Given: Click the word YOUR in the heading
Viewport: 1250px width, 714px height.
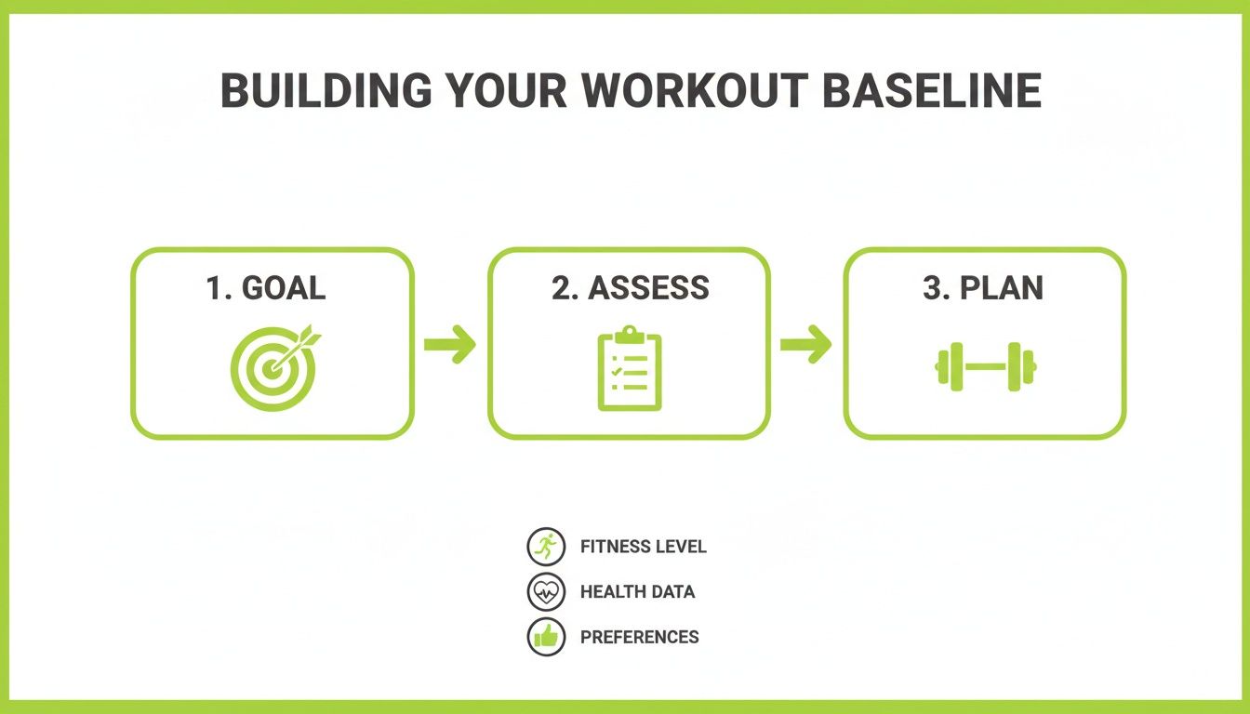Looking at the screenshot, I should pyautogui.click(x=506, y=90).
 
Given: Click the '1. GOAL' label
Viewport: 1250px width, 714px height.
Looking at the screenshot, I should pyautogui.click(x=266, y=288).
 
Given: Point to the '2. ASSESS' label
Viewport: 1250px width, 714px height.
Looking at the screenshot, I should pyautogui.click(x=630, y=288).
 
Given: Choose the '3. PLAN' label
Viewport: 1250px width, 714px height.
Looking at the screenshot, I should pyautogui.click(x=983, y=288).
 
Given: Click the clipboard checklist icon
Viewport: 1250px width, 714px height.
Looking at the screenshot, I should pyautogui.click(x=630, y=369).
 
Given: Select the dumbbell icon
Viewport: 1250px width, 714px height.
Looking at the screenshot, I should pyautogui.click(x=985, y=366).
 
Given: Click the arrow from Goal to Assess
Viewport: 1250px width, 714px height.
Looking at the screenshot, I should pyautogui.click(x=450, y=345).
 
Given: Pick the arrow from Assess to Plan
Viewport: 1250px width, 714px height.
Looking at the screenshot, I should pyautogui.click(x=805, y=345).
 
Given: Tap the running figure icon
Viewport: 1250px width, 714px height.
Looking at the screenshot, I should pyautogui.click(x=546, y=547).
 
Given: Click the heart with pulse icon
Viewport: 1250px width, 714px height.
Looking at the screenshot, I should pyautogui.click(x=546, y=591).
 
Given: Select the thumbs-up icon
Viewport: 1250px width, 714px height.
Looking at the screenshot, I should pyautogui.click(x=546, y=637).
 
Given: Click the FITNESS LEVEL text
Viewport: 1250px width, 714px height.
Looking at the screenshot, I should pyautogui.click(x=643, y=547).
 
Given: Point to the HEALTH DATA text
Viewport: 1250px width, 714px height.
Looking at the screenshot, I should pyautogui.click(x=637, y=591).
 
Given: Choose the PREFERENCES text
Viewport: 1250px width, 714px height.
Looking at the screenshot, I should pyautogui.click(x=639, y=637).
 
